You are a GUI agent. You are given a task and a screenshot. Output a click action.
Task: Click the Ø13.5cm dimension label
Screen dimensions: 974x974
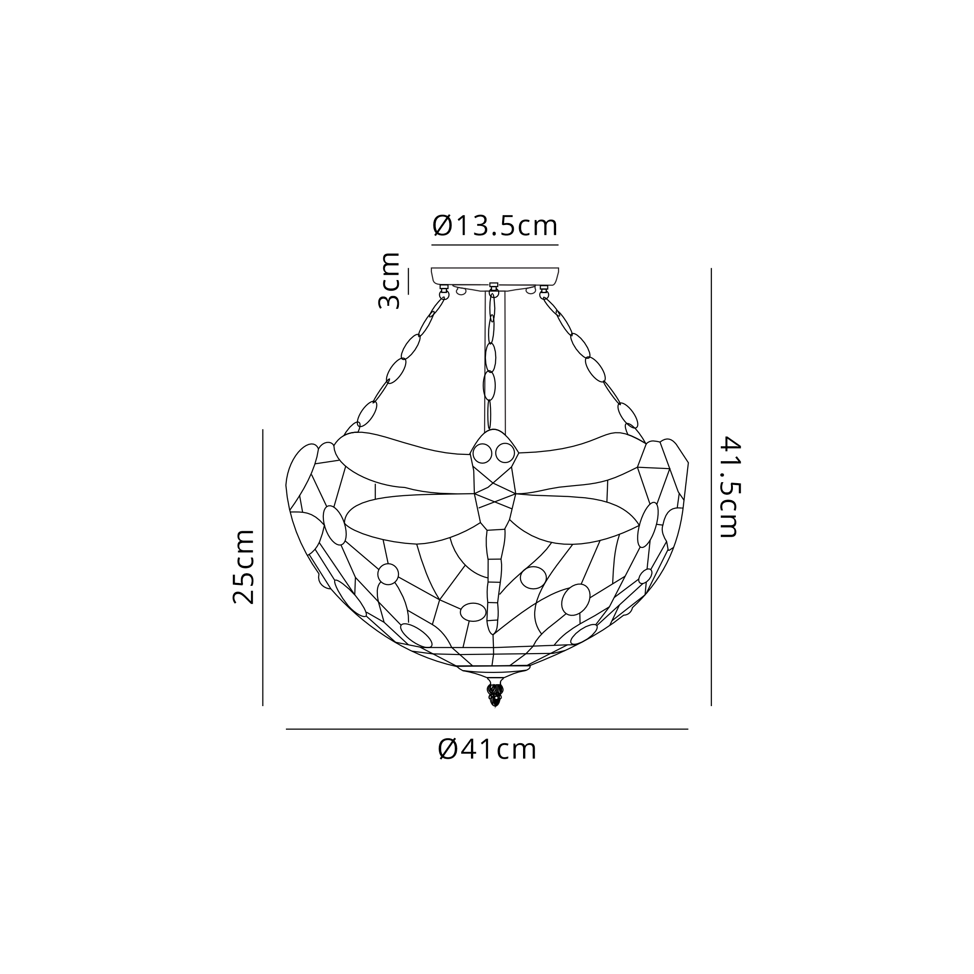click(495, 226)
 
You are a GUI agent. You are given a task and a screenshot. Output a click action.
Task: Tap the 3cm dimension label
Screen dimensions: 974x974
click(389, 281)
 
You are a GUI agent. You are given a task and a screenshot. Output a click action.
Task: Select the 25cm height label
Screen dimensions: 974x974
click(243, 567)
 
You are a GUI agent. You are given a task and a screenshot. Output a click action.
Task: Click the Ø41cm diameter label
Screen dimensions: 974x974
click(487, 763)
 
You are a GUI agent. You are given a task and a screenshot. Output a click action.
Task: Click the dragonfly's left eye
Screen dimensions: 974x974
click(482, 454)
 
